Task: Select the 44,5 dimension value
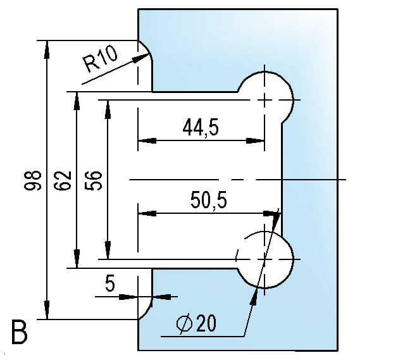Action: click(x=200, y=128)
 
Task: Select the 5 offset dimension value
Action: click(x=110, y=285)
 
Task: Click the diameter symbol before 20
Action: click(x=185, y=325)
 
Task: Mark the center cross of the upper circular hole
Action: click(x=266, y=100)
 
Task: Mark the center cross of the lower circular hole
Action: click(x=266, y=259)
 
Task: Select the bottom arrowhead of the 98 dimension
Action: click(x=46, y=313)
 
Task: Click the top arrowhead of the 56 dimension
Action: click(x=108, y=105)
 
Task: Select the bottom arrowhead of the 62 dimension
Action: click(x=77, y=261)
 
